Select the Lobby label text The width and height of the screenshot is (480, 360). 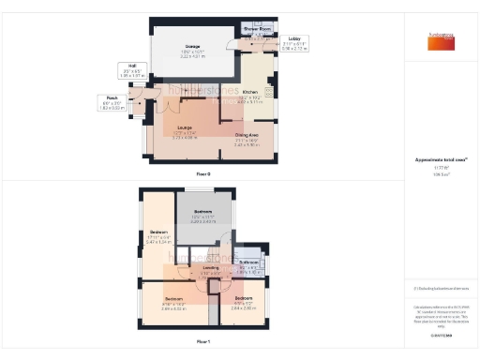pos(294,38)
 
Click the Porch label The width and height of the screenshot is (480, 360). pos(112,97)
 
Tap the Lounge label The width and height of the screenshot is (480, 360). pos(185,127)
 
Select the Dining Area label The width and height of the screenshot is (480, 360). pos(247,135)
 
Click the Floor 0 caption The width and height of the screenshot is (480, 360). pos(203,174)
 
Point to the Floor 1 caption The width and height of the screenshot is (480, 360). pos(203,341)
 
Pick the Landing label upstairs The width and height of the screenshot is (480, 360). pos(211,267)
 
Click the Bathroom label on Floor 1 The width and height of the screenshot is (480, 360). pos(248,262)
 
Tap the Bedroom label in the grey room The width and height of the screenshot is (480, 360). pos(203,212)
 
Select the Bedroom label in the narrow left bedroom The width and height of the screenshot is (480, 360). pos(158,232)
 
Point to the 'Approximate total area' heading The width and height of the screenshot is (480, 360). pos(440,160)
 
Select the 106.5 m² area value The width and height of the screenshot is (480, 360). pos(440,174)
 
